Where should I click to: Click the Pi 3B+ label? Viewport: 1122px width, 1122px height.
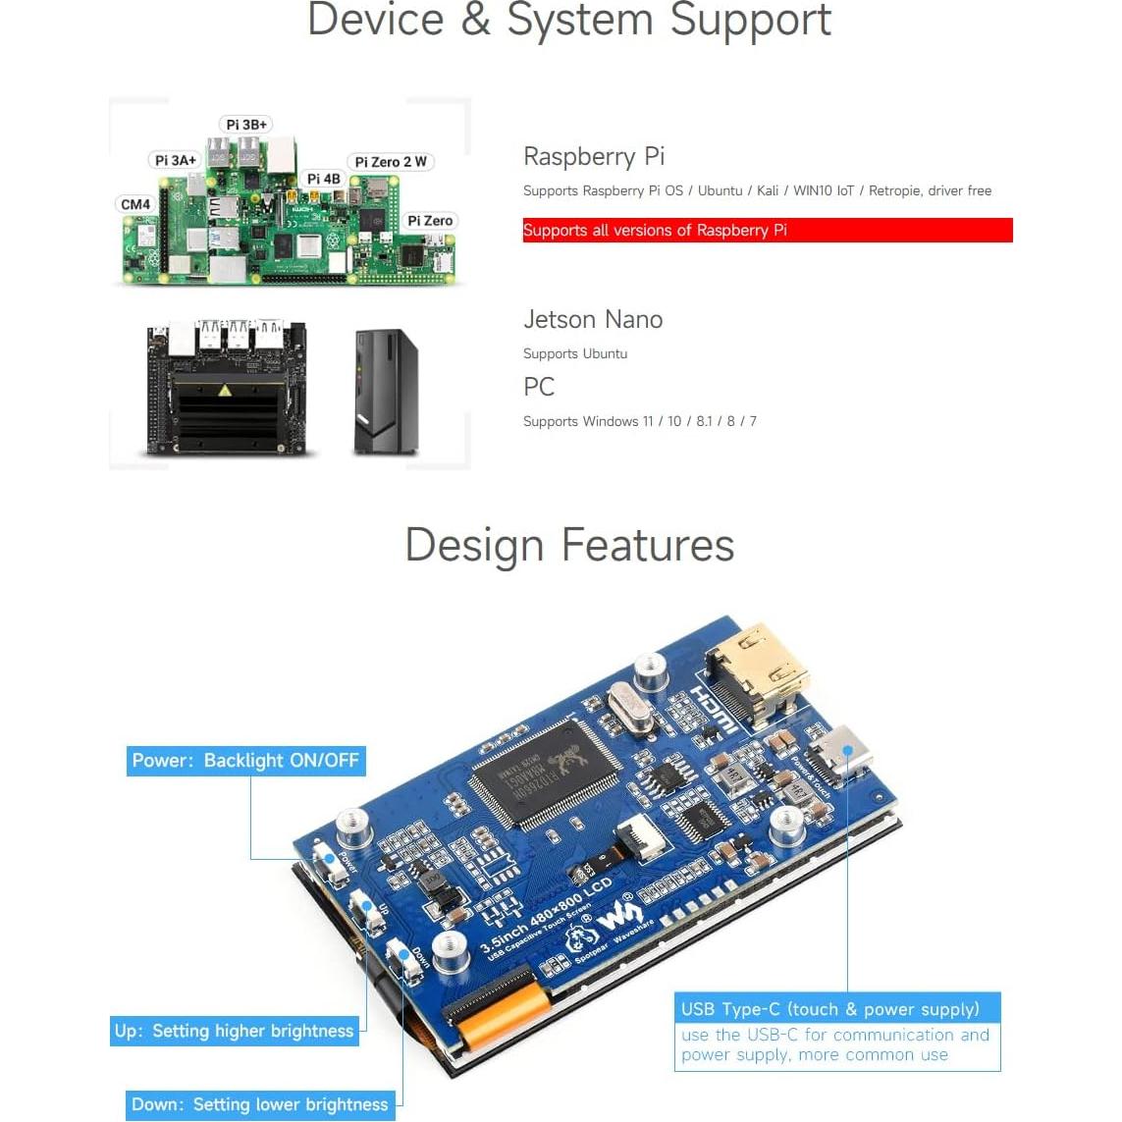245,125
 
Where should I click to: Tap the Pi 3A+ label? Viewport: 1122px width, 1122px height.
175,160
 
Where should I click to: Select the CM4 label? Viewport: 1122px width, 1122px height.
135,204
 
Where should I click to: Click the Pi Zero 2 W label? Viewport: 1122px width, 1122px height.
391,162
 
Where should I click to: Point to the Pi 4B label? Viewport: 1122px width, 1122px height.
323,179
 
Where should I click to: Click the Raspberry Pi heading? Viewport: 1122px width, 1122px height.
594,156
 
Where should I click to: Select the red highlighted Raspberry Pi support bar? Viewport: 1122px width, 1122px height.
767,231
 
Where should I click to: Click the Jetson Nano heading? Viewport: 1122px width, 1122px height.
593,319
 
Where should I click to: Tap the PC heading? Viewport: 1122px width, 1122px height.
539,387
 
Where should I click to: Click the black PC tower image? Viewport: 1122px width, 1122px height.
385,392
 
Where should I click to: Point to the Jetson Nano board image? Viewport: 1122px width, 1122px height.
226,388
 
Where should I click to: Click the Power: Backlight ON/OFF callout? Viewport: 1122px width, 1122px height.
245,761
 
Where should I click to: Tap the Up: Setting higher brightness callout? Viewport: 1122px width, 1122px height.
234,1031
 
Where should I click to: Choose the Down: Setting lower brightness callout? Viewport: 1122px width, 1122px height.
260,1104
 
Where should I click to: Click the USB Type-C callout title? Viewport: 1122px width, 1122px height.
830,1009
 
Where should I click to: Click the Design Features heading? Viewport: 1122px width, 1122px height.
569,545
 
